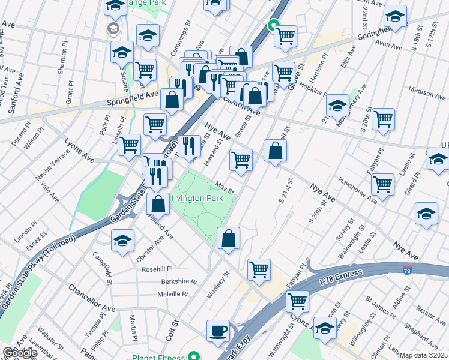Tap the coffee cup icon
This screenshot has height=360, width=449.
pyautogui.click(x=218, y=330)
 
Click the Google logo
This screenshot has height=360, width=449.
pyautogui.click(x=20, y=353)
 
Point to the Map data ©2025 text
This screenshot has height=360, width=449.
pyautogui.click(x=424, y=355)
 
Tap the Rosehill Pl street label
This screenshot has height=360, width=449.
pyautogui.click(x=157, y=269)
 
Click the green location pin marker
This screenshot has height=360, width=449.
pyautogui.click(x=272, y=26)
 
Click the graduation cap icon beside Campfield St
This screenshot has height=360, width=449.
pyautogui.click(x=122, y=241)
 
